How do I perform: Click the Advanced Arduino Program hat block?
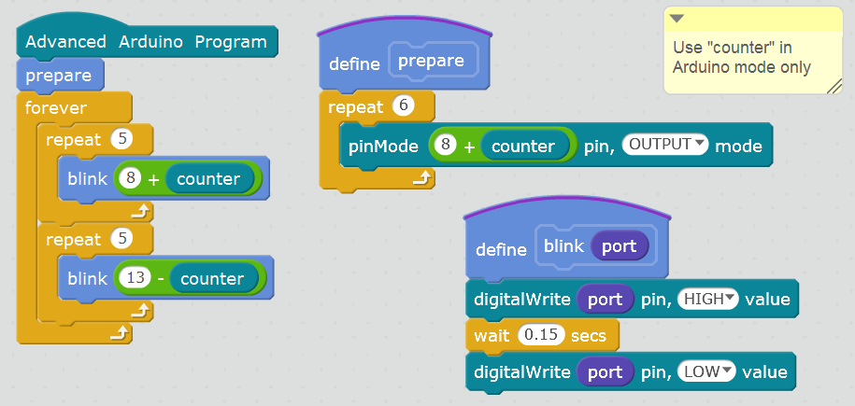pyautogui.click(x=146, y=41)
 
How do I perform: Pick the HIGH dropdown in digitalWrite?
pyautogui.click(x=707, y=299)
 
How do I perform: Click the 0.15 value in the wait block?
pyautogui.click(x=539, y=333)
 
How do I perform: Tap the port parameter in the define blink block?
pyautogui.click(x=619, y=246)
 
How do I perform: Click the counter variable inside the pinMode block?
pyautogui.click(x=523, y=146)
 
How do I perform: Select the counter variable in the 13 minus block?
pyautogui.click(x=212, y=278)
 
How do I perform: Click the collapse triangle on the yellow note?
pyautogui.click(x=677, y=20)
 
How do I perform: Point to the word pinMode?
pyautogui.click(x=383, y=146)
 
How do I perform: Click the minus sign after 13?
pyautogui.click(x=163, y=278)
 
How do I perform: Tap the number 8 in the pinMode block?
pyautogui.click(x=449, y=146)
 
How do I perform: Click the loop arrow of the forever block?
pyautogui.click(x=120, y=332)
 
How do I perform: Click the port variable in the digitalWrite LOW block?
pyautogui.click(x=605, y=371)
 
